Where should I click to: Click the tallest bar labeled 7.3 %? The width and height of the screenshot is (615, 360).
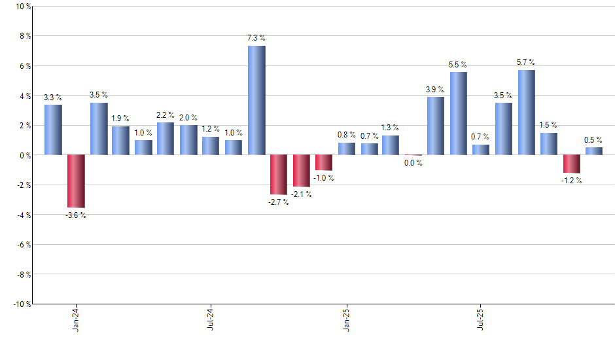point(256,100)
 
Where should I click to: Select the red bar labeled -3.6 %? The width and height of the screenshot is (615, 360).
point(76,181)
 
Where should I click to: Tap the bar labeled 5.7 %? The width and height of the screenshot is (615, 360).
point(527,113)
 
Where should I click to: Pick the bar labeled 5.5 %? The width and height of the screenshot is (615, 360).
point(459,113)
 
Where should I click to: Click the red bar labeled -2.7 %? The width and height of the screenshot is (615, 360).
point(279,175)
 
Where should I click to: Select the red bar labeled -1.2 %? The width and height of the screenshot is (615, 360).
point(572,164)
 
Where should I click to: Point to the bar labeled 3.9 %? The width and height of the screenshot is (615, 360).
point(436,126)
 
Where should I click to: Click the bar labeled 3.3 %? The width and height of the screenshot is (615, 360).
point(54,130)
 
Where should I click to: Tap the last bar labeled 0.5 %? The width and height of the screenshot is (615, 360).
point(594,151)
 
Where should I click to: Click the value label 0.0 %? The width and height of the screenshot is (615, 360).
point(413,163)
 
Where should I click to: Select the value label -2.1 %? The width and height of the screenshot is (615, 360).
point(301,194)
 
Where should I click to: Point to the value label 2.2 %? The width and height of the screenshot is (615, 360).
point(166,115)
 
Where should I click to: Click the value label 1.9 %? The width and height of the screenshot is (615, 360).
point(120,118)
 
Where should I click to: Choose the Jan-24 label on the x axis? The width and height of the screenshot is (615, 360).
point(76,319)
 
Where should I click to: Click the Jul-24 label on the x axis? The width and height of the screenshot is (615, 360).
point(211,319)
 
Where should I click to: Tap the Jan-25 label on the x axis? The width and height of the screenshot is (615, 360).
point(346,319)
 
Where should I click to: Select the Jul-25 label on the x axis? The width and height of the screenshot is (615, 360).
point(481,319)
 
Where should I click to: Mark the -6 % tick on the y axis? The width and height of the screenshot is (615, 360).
point(23,244)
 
